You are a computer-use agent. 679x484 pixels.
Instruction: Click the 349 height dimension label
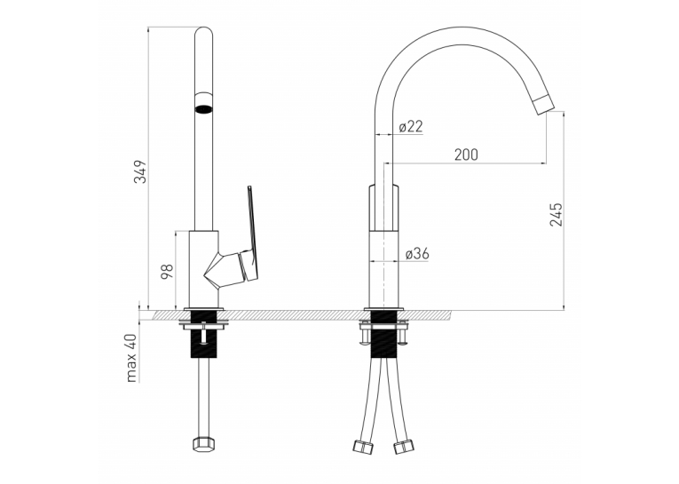pos(140,171)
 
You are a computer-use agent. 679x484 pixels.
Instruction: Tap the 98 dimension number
pos(167,271)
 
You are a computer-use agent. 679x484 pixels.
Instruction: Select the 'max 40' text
pos(131,358)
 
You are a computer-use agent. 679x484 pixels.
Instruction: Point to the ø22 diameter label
pos(410,126)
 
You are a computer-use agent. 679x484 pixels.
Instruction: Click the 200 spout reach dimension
pos(466,155)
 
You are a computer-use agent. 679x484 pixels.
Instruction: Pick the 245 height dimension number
pos(556,214)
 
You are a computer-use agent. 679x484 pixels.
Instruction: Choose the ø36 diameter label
pos(417,253)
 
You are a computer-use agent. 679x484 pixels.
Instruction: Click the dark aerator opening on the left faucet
pos(203,108)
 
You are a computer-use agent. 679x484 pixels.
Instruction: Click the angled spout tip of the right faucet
pos(544,105)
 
